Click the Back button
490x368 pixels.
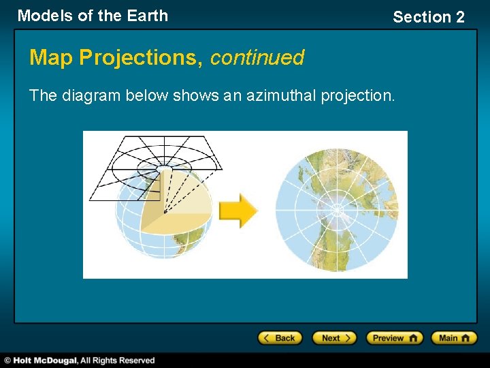point(279,338)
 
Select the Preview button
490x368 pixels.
point(394,338)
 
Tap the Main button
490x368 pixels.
point(457,338)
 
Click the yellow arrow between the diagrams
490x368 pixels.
point(238,211)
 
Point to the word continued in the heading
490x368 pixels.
point(257,58)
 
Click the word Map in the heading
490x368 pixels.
point(52,58)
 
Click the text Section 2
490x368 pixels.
point(429,17)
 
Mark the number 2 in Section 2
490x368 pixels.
point(459,17)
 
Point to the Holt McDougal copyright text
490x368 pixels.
point(80,360)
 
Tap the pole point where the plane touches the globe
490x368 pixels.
point(164,166)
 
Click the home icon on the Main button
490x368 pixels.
point(468,338)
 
